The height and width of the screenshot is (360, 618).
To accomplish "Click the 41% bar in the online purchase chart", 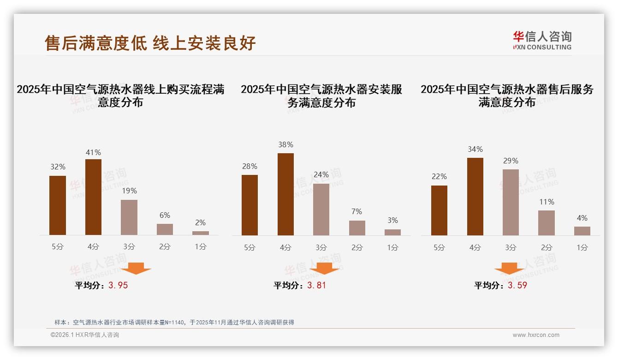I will (93, 197).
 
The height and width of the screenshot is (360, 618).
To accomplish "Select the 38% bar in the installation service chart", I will (285, 194).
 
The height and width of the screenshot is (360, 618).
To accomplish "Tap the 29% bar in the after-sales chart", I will (511, 202).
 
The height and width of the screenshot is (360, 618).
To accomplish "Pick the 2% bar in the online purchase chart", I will (201, 233).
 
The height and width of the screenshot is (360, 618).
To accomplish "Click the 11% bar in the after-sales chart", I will (547, 223).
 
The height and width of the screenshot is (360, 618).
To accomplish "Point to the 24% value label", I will (321, 174).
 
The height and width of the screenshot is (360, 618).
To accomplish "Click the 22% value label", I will (440, 176).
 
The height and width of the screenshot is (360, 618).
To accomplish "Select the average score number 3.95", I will (118, 285).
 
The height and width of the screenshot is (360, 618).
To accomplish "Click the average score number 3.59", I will (517, 285).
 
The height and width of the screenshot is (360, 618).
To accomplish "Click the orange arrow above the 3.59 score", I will (509, 269).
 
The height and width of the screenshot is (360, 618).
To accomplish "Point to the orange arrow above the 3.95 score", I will (136, 268).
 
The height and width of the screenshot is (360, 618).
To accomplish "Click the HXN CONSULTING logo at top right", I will (542, 40).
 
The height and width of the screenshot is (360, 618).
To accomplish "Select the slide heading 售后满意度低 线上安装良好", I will (150, 43).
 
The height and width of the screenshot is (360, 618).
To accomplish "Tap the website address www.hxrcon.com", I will (536, 335).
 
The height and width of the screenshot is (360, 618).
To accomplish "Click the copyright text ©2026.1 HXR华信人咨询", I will (85, 335).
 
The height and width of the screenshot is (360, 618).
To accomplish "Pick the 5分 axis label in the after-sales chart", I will (440, 247).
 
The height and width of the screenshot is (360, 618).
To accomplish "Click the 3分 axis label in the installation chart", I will (321, 247).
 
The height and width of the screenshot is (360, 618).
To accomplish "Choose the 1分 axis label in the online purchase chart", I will (201, 246).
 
